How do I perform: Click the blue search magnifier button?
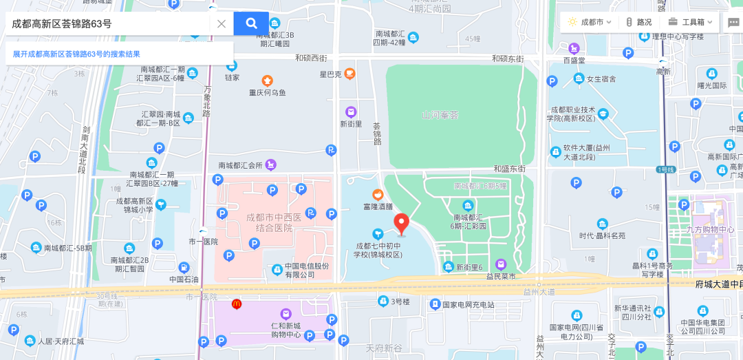point(251,23)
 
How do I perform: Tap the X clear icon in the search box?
point(222,23)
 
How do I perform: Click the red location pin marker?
point(401,224)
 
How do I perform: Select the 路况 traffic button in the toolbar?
point(638,22)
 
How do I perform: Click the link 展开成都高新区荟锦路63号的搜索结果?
point(76,54)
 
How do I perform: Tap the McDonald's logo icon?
point(237,304)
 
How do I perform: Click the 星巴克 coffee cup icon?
point(350,74)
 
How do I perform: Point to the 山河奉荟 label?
point(440,115)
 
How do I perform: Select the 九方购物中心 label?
point(711,230)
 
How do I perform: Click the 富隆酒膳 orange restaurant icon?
point(377,195)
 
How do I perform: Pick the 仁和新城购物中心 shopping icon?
point(286,314)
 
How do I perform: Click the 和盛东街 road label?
point(509,169)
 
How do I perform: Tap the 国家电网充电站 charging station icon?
point(435,304)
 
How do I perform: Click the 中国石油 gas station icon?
point(184,268)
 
